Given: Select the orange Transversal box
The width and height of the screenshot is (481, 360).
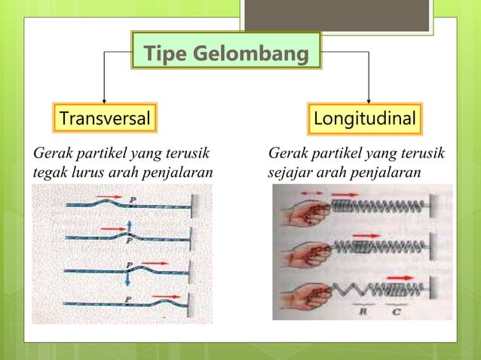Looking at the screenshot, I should (x=104, y=118).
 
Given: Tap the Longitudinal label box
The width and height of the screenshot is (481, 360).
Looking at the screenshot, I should (x=368, y=118).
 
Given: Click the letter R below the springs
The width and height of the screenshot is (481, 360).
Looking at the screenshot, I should (x=361, y=310).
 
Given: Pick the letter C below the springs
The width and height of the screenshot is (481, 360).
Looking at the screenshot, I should (x=395, y=310).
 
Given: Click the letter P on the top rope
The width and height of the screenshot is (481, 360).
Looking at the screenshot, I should (x=133, y=199).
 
